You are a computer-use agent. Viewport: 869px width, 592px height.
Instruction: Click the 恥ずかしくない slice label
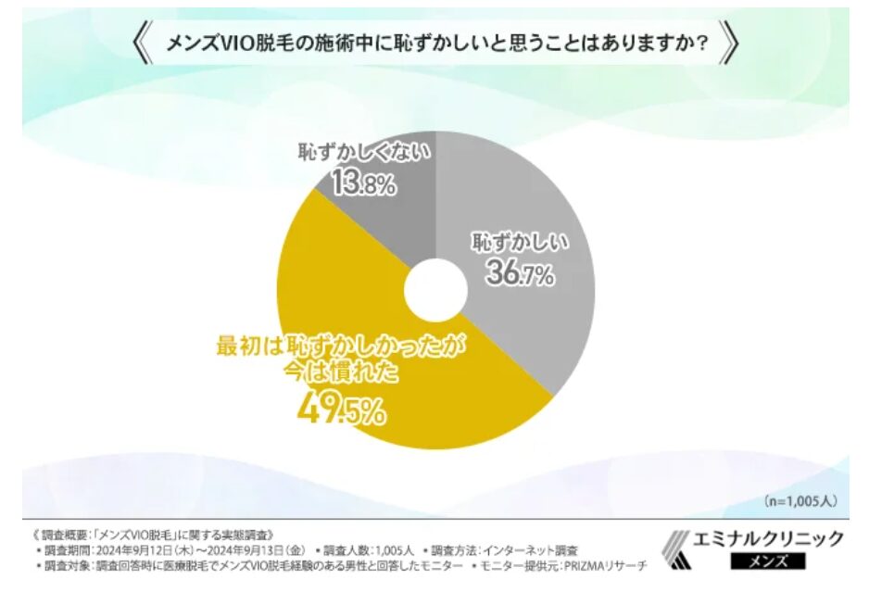363,152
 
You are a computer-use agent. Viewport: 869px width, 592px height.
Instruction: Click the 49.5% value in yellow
342,409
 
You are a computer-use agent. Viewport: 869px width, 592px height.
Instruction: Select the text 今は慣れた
341,375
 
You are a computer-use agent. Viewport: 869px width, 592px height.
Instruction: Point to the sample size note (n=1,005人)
800,500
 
